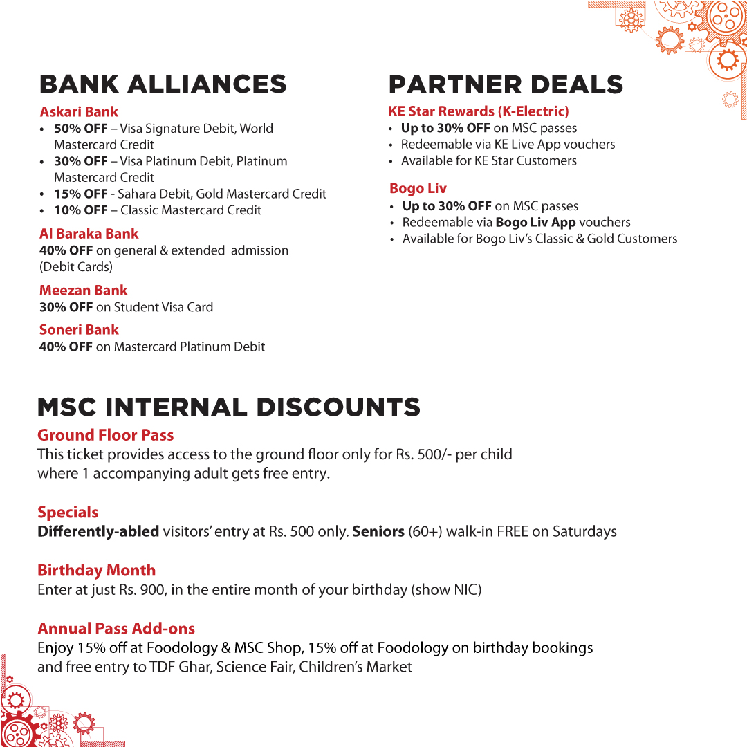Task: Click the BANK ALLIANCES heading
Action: point(163,84)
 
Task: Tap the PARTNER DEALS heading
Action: point(506,84)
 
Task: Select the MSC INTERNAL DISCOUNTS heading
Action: point(229,407)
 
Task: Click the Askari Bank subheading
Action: point(79,111)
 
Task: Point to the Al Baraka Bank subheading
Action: point(89,234)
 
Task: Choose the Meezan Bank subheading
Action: point(83,290)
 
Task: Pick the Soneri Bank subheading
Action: point(79,330)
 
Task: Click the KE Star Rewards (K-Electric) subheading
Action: point(479,111)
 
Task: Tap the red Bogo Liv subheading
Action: point(418,188)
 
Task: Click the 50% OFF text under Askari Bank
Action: point(80,129)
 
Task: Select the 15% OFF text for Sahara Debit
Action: point(80,194)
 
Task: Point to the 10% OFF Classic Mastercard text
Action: point(80,210)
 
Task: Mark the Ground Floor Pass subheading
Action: point(105,435)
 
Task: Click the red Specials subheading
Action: point(68,513)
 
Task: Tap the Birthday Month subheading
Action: point(96,571)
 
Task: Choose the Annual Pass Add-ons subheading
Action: point(116,629)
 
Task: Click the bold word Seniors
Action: point(378,532)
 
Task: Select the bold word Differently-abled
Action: point(98,532)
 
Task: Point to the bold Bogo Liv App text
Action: point(535,223)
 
